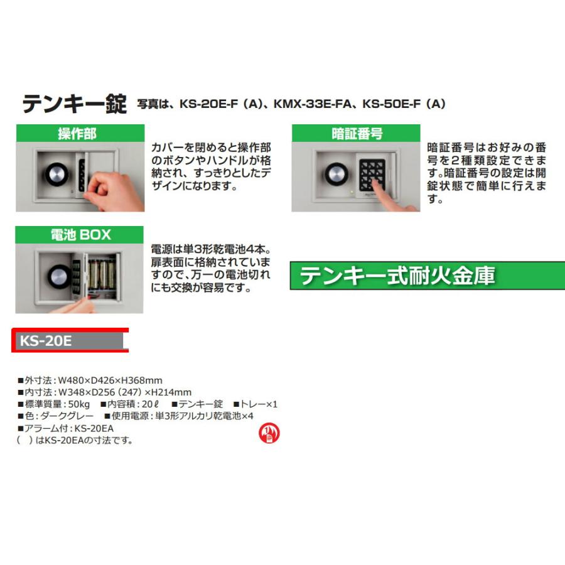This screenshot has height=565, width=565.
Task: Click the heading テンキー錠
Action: click(74, 104)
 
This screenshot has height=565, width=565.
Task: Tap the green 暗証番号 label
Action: click(356, 134)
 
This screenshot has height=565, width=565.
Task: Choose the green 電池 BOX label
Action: click(80, 235)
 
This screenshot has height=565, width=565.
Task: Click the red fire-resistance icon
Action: click(269, 433)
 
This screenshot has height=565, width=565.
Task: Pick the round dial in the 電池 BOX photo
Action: click(60, 276)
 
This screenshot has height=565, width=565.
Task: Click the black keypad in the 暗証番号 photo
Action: click(372, 172)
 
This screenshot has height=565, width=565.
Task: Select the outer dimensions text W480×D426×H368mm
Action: click(109, 380)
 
